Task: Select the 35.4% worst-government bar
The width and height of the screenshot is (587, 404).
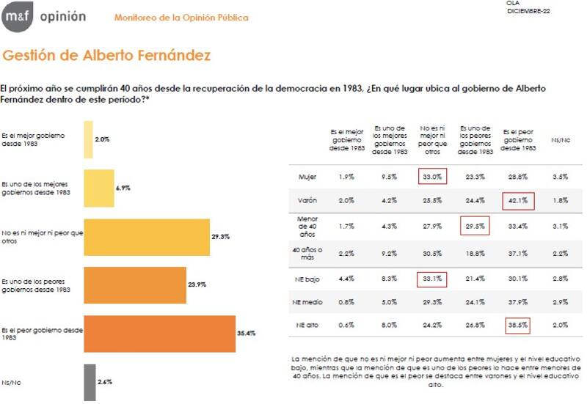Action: pos(159,333)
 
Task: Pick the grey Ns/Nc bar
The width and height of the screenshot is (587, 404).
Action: pos(90,382)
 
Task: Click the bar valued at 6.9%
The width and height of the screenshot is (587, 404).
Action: pos(98,188)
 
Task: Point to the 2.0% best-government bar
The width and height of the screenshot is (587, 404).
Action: pos(88,139)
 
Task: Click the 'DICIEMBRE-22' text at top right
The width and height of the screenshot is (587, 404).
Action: pos(528,10)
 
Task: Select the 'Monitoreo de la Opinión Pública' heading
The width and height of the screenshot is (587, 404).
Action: pos(181,18)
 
